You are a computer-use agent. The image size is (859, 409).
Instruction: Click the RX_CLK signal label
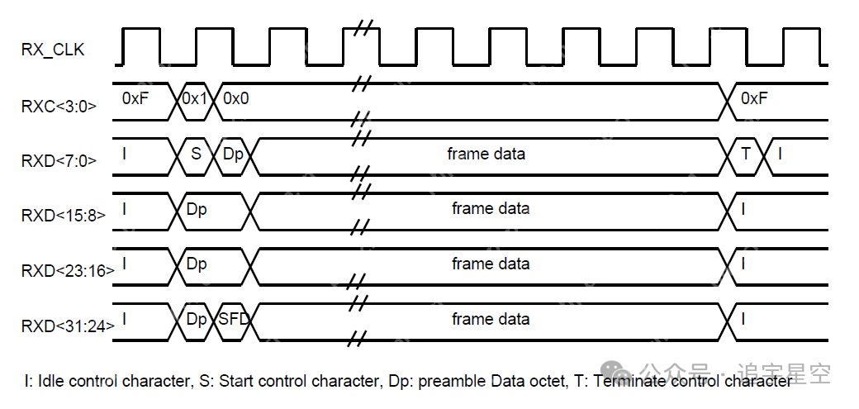[53, 50]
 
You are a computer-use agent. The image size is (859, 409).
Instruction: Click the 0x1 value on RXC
[196, 97]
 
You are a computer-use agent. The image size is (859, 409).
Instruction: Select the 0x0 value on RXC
[235, 97]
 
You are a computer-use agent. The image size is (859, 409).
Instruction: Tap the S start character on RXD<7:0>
[196, 154]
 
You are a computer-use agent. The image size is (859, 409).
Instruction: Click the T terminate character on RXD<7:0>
[746, 154]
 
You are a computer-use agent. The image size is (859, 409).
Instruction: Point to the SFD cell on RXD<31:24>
[235, 319]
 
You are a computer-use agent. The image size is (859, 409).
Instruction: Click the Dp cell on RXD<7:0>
[234, 154]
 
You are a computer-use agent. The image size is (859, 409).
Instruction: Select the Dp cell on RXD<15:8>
[197, 209]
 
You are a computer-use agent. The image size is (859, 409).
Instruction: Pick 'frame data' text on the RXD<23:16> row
[491, 264]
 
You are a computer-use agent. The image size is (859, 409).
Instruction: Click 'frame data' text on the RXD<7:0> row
[486, 154]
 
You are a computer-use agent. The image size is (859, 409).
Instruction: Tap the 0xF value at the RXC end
[754, 97]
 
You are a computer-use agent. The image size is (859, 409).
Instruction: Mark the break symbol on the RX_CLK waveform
[361, 27]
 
